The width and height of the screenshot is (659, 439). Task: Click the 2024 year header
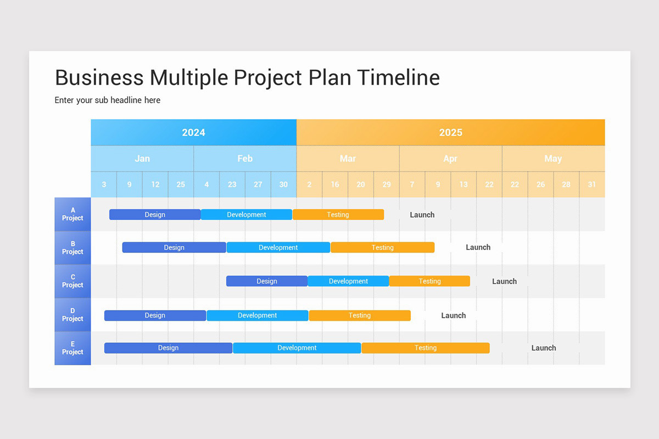coord(193,132)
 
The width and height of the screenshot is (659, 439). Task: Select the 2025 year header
coord(450,132)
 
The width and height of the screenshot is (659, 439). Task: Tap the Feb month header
coord(245,159)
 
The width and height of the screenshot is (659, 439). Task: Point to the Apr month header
coord(450,159)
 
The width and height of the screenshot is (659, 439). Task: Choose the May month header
coord(553,159)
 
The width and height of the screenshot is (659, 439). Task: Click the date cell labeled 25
coord(181,184)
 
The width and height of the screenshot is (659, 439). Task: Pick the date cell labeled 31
coord(591,184)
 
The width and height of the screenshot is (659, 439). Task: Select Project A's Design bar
coord(155,215)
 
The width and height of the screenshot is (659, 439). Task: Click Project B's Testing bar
coord(382,247)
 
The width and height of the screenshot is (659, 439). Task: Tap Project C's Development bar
coord(348,281)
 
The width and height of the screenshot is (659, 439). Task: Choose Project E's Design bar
coord(168,348)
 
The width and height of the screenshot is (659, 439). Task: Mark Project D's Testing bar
coord(360,316)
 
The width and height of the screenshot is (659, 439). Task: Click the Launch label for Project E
coord(544,348)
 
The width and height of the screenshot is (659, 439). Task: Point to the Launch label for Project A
coord(422,215)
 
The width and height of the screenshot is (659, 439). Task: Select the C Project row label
coord(72,281)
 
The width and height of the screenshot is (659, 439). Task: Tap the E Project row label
coord(72,348)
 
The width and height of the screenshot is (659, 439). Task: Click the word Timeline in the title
coord(398,77)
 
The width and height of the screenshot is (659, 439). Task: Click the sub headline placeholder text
coord(108,100)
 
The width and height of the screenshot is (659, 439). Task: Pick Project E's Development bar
coord(297,348)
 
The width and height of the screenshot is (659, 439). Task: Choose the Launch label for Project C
coord(504,281)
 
